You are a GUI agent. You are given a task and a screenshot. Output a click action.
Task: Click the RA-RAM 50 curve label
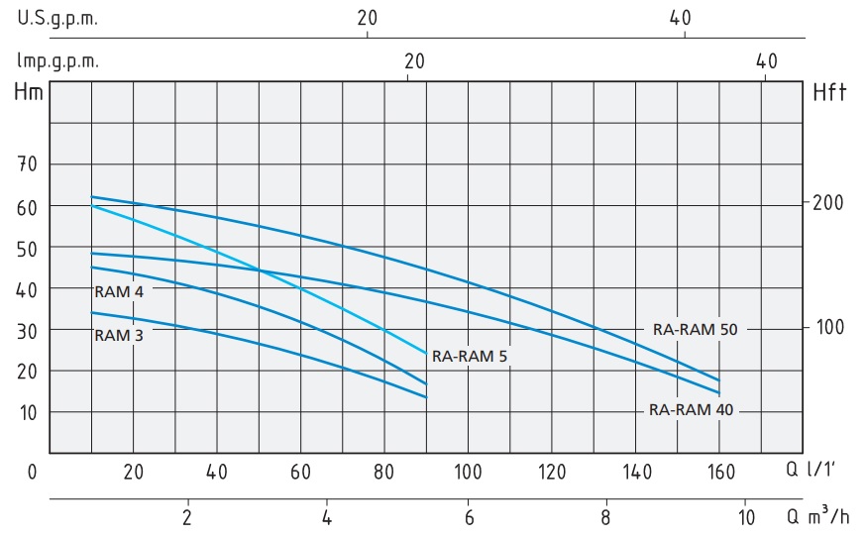(695, 329)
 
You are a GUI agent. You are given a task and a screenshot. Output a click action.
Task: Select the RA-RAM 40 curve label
(692, 409)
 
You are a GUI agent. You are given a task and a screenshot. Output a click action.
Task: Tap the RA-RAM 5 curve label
(470, 356)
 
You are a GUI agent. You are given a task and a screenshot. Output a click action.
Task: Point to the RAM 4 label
(119, 291)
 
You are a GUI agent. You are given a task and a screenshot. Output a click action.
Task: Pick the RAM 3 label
(119, 335)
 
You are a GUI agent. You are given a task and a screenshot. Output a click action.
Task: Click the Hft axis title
(829, 94)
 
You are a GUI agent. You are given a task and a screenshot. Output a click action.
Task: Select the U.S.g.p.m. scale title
(57, 18)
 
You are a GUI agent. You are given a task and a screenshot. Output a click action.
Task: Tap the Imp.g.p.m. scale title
(57, 60)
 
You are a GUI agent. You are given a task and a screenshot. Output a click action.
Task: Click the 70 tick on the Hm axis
(28, 164)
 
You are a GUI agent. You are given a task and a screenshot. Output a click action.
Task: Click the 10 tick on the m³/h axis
(746, 516)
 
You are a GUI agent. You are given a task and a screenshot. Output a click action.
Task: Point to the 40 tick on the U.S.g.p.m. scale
(686, 18)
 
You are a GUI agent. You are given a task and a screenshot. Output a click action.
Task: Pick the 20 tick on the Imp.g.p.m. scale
(414, 60)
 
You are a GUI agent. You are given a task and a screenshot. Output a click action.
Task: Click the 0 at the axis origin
(32, 471)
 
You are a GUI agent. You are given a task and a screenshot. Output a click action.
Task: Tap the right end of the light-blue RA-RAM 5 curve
(426, 353)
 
